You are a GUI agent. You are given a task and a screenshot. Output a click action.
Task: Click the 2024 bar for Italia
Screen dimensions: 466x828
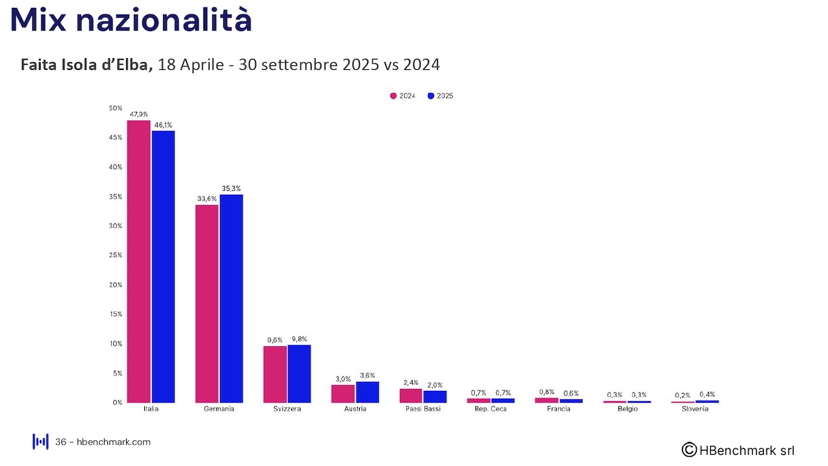click(x=138, y=261)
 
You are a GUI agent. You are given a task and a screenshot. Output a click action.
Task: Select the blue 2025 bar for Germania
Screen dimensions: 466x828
click(x=231, y=298)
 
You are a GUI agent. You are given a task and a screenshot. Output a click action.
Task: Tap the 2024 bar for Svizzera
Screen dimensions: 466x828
click(x=275, y=374)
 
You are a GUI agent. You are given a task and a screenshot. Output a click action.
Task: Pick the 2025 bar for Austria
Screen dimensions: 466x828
click(x=367, y=392)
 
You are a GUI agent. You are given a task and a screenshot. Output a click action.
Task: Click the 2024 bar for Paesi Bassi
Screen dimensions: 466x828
click(x=411, y=395)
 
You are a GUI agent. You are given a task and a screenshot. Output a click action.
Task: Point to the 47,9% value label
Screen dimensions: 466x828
click(x=138, y=115)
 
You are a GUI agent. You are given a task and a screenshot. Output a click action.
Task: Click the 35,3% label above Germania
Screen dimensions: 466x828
click(x=231, y=188)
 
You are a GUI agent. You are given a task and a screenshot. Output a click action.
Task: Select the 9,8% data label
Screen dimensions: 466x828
click(x=300, y=338)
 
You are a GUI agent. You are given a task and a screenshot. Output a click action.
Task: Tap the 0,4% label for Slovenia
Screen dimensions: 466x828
click(x=708, y=394)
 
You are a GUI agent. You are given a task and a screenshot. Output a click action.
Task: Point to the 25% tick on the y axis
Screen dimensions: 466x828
click(x=116, y=255)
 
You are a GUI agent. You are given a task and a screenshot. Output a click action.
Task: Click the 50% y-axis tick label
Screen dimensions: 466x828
click(x=116, y=108)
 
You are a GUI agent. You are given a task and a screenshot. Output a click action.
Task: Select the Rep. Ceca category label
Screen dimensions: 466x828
click(x=491, y=409)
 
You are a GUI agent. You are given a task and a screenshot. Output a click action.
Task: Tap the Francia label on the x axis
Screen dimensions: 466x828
click(x=559, y=409)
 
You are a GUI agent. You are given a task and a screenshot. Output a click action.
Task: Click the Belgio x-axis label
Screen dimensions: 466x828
click(x=627, y=409)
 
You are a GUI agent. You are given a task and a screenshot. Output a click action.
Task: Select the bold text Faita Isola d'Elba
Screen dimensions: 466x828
click(x=87, y=65)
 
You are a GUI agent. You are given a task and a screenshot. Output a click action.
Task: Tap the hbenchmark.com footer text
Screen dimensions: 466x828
click(x=113, y=442)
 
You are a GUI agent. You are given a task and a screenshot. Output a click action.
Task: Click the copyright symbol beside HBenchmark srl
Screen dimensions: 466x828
click(x=689, y=450)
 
